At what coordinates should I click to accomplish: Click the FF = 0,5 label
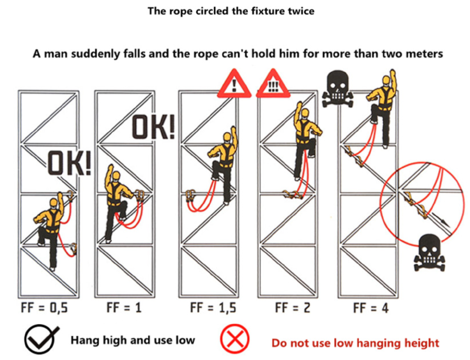click(45, 308)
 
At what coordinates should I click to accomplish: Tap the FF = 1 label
click(124, 308)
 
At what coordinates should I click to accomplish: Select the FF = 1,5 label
click(213, 308)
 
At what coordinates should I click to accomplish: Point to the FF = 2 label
click(293, 308)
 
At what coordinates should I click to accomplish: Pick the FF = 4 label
click(371, 308)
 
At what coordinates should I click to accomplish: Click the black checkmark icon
click(41, 340)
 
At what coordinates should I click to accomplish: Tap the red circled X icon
click(235, 339)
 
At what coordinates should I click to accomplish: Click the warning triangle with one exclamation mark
click(234, 84)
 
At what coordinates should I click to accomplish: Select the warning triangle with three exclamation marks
click(273, 84)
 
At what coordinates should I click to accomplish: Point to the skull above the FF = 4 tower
click(338, 89)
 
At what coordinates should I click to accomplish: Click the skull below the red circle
click(429, 253)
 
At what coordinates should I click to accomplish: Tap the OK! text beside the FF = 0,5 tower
click(69, 163)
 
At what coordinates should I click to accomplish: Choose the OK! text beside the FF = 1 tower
click(153, 127)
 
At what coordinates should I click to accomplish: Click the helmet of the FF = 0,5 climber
click(54, 203)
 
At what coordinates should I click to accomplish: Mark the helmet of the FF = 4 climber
click(386, 80)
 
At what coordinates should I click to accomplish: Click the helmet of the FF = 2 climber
click(305, 113)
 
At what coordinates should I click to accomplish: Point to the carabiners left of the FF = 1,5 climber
click(190, 196)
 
